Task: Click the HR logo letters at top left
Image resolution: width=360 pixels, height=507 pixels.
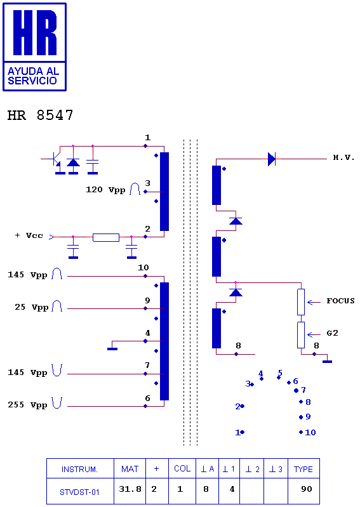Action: coord(35,32)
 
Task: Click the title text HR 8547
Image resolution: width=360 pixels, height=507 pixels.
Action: coord(41,115)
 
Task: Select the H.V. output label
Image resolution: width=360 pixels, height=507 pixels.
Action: coord(344,158)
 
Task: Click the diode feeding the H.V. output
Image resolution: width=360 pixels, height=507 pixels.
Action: coord(272,159)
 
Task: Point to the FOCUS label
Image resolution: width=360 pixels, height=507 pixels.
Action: coord(340,301)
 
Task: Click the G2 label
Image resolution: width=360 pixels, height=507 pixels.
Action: coord(333,333)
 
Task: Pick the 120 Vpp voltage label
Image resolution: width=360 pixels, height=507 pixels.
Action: coord(105,190)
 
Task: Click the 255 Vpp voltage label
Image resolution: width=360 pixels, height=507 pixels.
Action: coord(27,405)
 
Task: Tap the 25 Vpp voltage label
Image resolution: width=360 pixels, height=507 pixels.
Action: coord(31,307)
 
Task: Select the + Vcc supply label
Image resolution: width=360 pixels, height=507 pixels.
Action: coord(29,235)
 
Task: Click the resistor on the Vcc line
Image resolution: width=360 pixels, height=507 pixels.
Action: coord(106,237)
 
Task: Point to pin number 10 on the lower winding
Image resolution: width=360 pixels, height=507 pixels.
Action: coord(143,267)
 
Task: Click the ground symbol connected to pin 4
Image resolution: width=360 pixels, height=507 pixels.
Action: coord(112,348)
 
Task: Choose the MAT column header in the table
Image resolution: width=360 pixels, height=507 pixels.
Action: coord(130,469)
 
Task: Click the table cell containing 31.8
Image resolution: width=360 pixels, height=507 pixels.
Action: coord(130,489)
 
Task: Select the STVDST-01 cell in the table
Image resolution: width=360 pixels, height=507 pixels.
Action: coord(79,492)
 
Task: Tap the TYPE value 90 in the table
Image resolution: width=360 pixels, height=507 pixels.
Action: coord(306,489)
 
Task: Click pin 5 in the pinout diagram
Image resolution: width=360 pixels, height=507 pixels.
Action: coord(280,373)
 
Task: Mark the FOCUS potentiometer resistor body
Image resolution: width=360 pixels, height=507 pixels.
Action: coord(301,302)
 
